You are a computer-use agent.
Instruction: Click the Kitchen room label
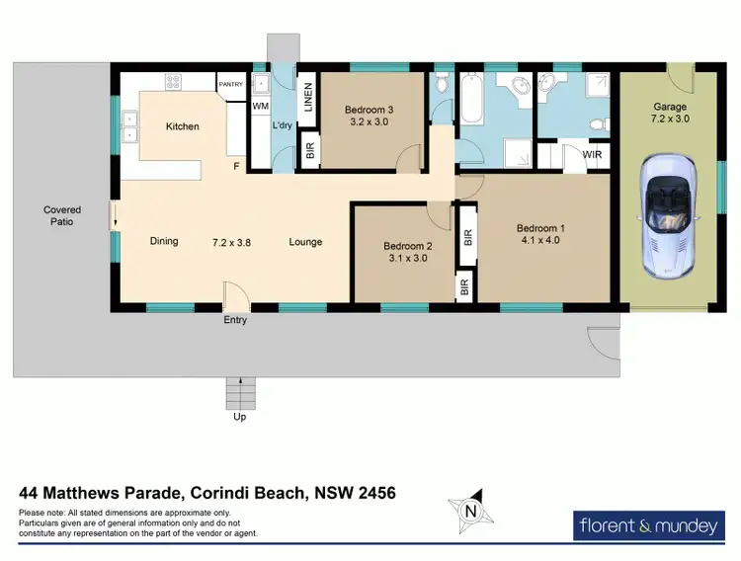coord(182,126)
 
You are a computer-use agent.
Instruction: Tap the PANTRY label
coord(230,85)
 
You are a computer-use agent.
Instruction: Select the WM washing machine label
coord(261,106)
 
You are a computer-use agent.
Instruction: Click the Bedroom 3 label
coord(369,110)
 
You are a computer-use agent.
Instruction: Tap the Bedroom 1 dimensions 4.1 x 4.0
coord(538,239)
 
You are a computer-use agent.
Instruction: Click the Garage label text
coord(669,107)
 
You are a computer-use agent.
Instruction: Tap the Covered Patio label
coord(61,215)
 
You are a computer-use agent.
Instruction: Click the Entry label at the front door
coord(235,320)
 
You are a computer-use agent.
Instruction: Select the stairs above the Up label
coord(240,393)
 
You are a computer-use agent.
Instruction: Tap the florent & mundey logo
coord(648,525)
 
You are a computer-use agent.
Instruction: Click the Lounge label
coord(305,242)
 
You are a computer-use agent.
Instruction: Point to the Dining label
coord(164,241)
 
